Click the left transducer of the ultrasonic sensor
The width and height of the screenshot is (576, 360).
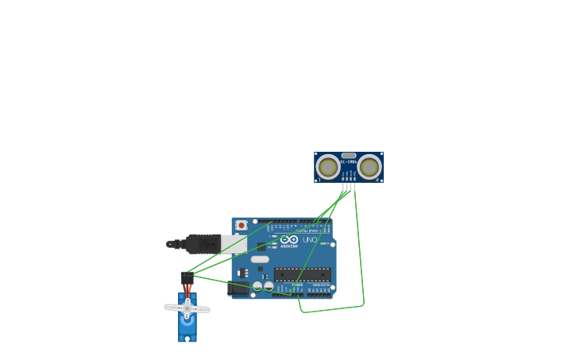click(x=327, y=167)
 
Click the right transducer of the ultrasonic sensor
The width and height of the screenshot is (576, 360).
click(x=369, y=167)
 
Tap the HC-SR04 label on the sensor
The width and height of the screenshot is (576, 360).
click(x=348, y=162)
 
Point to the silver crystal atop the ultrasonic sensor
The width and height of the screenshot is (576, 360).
click(x=349, y=156)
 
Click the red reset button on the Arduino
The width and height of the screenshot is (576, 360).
click(x=242, y=226)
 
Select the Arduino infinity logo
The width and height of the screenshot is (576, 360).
click(x=289, y=239)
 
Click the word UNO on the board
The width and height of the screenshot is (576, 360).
click(x=309, y=239)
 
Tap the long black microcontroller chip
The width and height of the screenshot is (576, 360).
click(x=303, y=274)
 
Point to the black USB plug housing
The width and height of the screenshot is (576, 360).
click(x=203, y=244)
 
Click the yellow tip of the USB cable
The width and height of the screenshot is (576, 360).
click(x=169, y=244)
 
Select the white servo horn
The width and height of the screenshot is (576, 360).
click(x=187, y=308)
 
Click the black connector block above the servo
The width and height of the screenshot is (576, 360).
click(x=187, y=277)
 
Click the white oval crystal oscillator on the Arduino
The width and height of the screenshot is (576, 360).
click(x=260, y=259)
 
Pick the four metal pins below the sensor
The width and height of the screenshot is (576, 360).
click(x=349, y=187)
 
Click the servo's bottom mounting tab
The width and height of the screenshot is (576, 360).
click(x=187, y=339)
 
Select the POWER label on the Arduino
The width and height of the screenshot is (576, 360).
click(x=297, y=285)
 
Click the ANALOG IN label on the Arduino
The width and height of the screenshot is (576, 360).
click(x=319, y=285)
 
